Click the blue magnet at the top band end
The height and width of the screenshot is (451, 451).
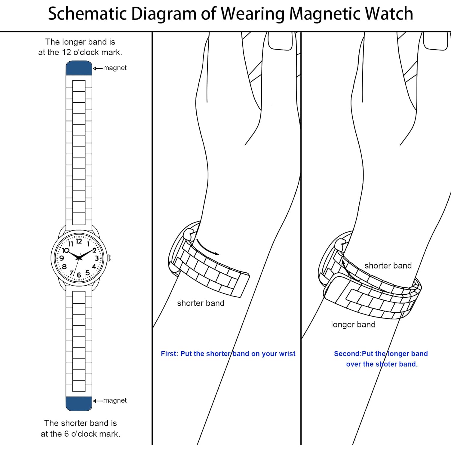coord(79,68)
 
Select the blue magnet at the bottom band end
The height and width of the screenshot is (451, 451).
coord(79,403)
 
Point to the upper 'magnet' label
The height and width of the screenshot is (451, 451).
coord(115,68)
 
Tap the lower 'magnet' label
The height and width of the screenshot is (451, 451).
coord(115,400)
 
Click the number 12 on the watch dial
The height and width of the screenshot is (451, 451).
coord(79,241)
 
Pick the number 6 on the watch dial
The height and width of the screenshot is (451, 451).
coord(79,275)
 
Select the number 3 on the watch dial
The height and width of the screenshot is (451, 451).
coord(97,258)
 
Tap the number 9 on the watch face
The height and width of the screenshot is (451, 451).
coord(62,258)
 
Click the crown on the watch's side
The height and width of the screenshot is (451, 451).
coord(109,258)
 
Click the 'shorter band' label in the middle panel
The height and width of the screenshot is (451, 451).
coord(201,303)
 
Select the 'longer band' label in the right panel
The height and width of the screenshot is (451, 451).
coord(353,325)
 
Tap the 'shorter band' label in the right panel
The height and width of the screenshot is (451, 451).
coord(388,265)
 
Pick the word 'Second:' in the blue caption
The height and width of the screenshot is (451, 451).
coord(348,354)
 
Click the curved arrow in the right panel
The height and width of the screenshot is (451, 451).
coord(349,271)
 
